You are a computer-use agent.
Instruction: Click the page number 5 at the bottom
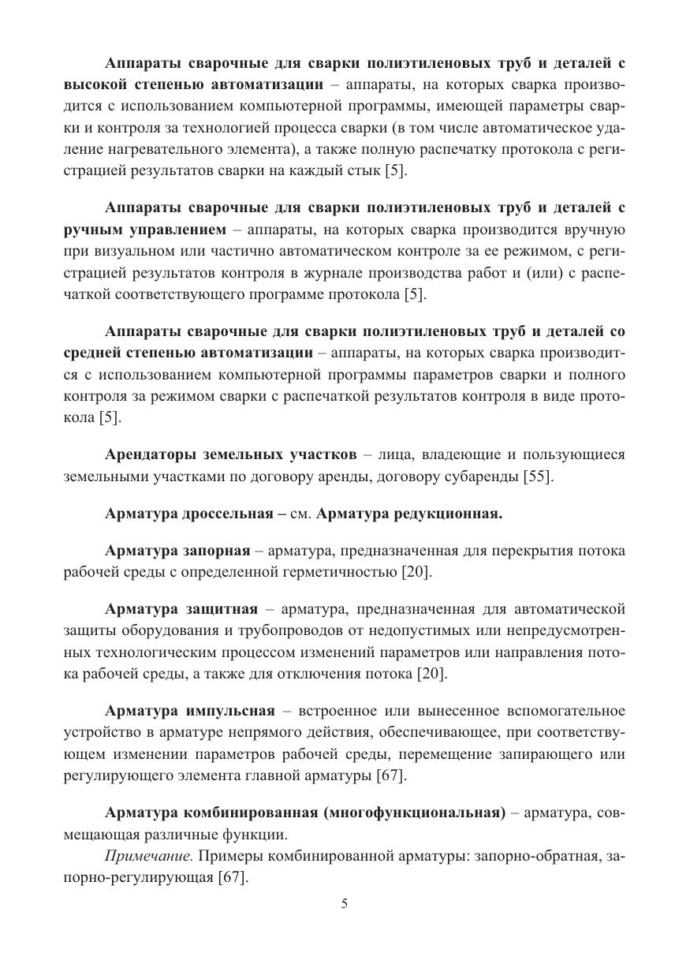(x=345, y=904)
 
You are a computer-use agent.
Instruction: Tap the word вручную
(x=591, y=230)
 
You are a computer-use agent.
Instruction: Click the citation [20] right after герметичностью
(x=416, y=571)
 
